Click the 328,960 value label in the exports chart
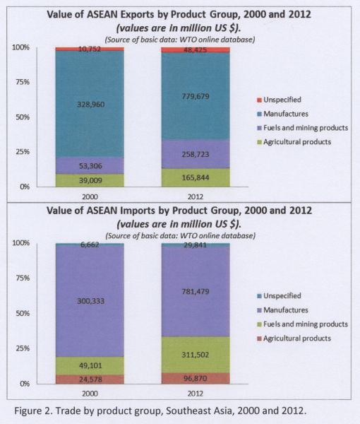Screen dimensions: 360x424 pos(91,105)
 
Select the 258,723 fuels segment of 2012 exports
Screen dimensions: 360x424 pos(196,154)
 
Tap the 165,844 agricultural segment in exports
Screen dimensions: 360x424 pos(196,177)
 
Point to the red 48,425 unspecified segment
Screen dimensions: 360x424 pos(196,49)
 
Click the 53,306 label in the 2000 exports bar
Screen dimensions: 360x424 pos(91,166)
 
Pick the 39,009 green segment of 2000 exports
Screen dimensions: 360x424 pos(90,180)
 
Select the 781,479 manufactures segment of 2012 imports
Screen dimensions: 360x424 pos(196,291)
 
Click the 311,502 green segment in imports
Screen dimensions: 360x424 pos(196,355)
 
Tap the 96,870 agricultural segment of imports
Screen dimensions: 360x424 pos(196,378)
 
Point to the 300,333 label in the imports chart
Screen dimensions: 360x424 pos(91,301)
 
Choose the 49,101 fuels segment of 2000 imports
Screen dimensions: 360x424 pos(90,365)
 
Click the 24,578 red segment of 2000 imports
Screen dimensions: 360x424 pos(90,379)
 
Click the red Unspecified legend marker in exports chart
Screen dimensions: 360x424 pos(259,100)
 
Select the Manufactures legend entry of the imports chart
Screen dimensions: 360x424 pos(282,310)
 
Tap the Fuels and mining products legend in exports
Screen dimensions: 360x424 pos(303,128)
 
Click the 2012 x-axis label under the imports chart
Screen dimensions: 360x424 pos(196,394)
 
